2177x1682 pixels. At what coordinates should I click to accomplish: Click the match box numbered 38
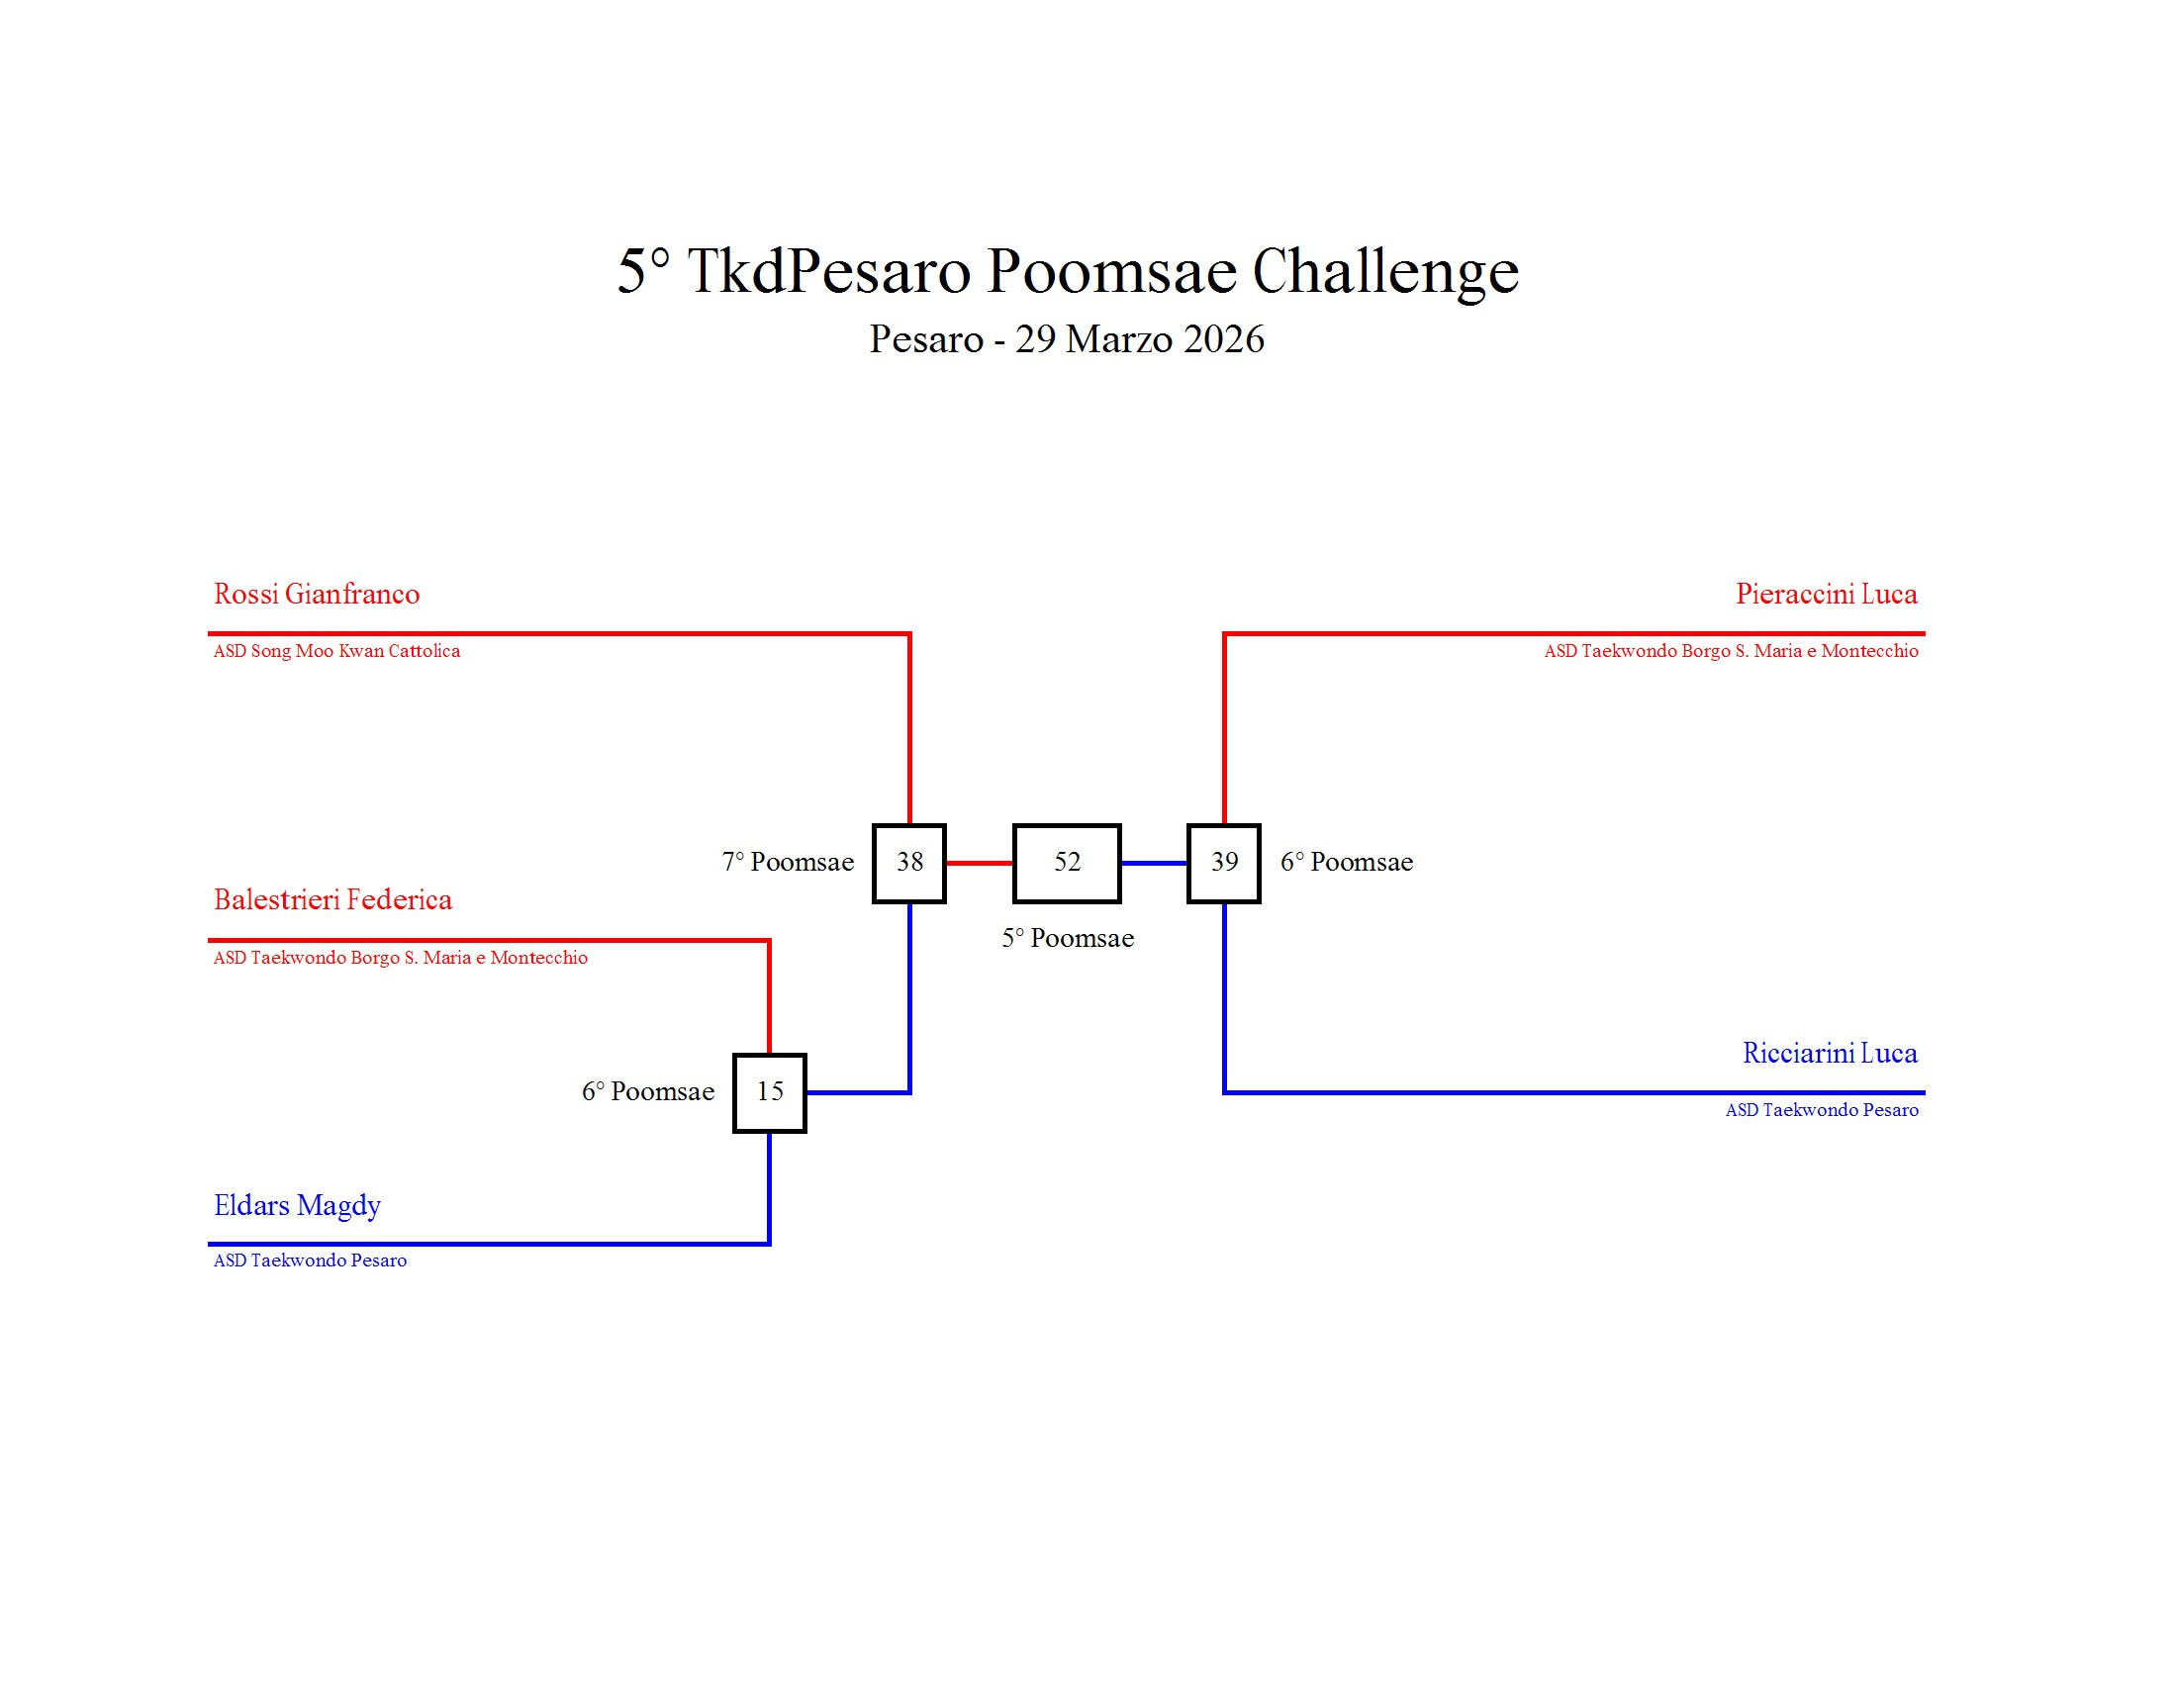(908, 863)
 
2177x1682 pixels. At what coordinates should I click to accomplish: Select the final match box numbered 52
(1067, 863)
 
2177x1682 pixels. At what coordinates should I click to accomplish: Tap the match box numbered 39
(1223, 863)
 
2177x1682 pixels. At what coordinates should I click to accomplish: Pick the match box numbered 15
(769, 1092)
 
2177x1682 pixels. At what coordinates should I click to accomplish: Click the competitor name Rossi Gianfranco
(316, 595)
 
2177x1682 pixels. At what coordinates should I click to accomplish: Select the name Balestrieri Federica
(331, 900)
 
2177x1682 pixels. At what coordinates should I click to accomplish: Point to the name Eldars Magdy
(297, 1206)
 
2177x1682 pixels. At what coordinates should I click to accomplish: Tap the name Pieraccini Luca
(1826, 595)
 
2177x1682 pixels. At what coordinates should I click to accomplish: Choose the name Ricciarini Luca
(1829, 1054)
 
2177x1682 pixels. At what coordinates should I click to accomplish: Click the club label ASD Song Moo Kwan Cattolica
(335, 652)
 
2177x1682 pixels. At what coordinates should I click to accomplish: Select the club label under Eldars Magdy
(309, 1261)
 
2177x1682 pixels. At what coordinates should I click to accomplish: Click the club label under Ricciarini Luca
(1821, 1110)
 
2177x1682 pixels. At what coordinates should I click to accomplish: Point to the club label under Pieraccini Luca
(1731, 652)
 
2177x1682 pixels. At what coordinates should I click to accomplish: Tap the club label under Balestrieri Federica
(400, 959)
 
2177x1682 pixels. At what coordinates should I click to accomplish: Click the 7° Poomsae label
(788, 863)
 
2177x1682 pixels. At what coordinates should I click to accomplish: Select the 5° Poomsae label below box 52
(1068, 939)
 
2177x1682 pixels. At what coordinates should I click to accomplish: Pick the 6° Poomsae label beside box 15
(648, 1092)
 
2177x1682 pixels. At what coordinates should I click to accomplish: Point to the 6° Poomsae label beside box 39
(1347, 863)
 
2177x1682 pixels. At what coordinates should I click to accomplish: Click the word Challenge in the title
(1384, 271)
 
